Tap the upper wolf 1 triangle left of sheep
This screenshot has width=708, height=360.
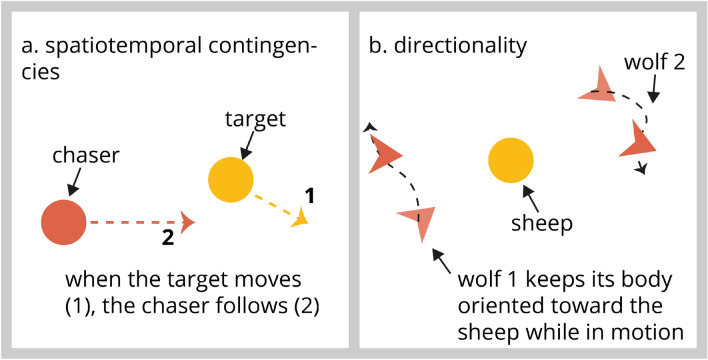384,156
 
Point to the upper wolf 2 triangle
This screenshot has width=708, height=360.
597,85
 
